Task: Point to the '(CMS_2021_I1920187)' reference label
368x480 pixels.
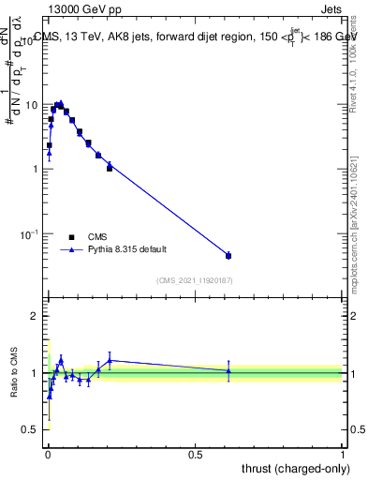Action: pos(194,281)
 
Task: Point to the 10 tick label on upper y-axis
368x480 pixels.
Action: pos(31,105)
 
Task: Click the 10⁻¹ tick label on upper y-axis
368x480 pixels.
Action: pos(29,233)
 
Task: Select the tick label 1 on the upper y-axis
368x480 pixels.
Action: pos(36,170)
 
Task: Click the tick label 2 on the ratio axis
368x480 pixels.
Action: pos(35,316)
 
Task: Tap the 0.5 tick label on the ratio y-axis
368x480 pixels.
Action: pos(30,430)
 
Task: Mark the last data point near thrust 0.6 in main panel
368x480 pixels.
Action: pos(228,255)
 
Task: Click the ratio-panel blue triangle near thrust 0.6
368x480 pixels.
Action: pos(228,370)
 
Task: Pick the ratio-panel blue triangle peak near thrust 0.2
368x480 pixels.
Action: pos(110,360)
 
